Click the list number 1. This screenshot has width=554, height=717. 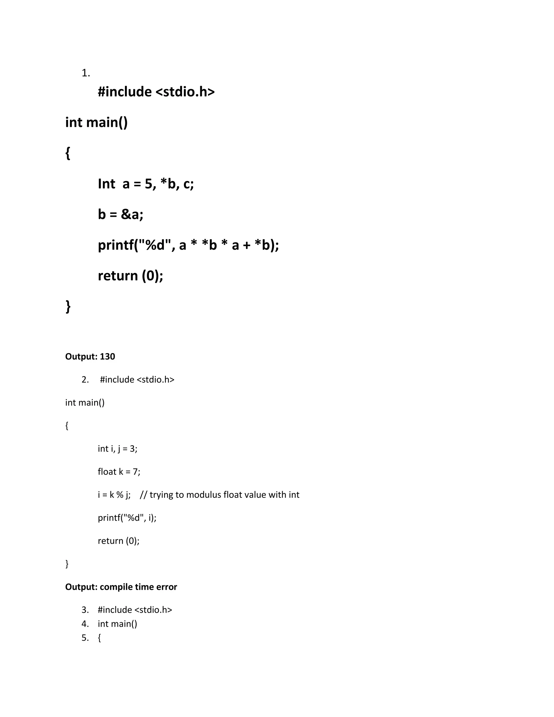(85, 73)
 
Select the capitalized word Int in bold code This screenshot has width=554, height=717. (106, 184)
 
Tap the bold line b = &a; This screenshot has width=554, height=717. (120, 214)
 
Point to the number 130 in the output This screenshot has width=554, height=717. (107, 357)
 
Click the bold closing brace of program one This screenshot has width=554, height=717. (68, 306)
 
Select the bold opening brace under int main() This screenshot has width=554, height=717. (68, 153)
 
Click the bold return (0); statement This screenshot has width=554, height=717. (130, 276)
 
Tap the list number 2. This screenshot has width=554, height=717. (85, 380)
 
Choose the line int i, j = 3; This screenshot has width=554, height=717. (117, 449)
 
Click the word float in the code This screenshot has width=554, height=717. (107, 472)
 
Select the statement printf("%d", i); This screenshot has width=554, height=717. (127, 518)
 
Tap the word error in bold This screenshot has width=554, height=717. (167, 587)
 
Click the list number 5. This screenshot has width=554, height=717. (85, 638)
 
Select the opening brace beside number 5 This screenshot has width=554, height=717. (100, 638)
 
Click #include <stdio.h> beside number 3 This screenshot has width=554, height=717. (135, 610)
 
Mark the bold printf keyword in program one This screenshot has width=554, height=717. (114, 245)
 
